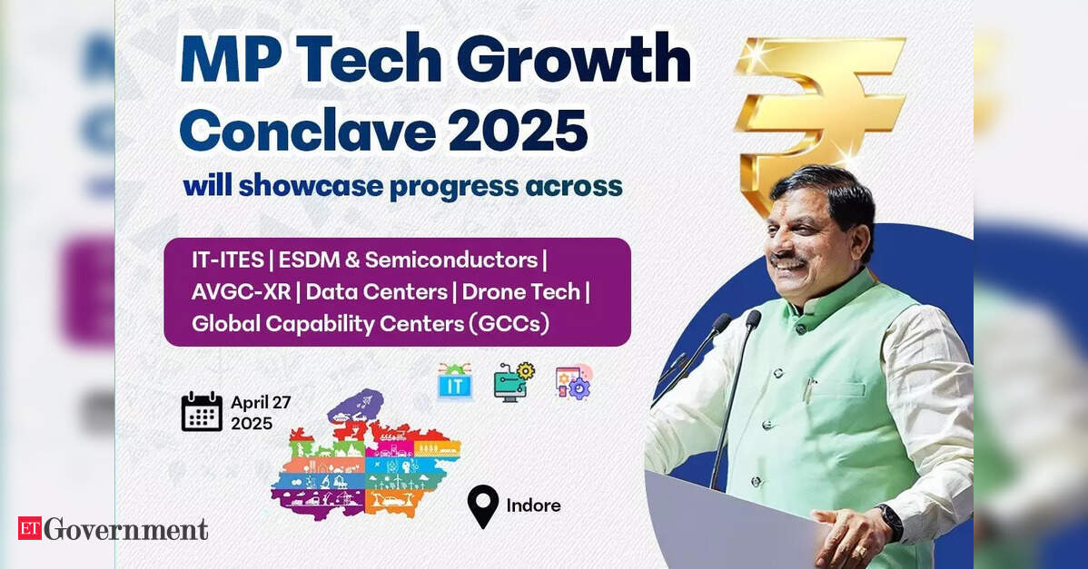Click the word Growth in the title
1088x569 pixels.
(574, 61)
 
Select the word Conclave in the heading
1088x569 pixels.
(308, 129)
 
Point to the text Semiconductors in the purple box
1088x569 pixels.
(451, 260)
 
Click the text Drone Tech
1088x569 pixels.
(521, 292)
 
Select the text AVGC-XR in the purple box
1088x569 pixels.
(240, 292)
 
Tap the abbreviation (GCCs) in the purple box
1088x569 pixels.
(509, 324)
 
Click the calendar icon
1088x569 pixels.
(202, 412)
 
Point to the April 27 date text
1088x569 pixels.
(261, 403)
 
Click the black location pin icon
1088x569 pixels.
(483, 506)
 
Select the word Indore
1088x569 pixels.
(534, 505)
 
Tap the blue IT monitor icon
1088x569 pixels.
(454, 383)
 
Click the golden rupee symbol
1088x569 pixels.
(819, 111)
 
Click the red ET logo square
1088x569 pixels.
(30, 528)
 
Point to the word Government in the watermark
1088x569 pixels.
(126, 529)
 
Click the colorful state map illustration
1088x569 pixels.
(366, 455)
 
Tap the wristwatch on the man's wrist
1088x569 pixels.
(891, 522)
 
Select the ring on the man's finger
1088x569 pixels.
(862, 551)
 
